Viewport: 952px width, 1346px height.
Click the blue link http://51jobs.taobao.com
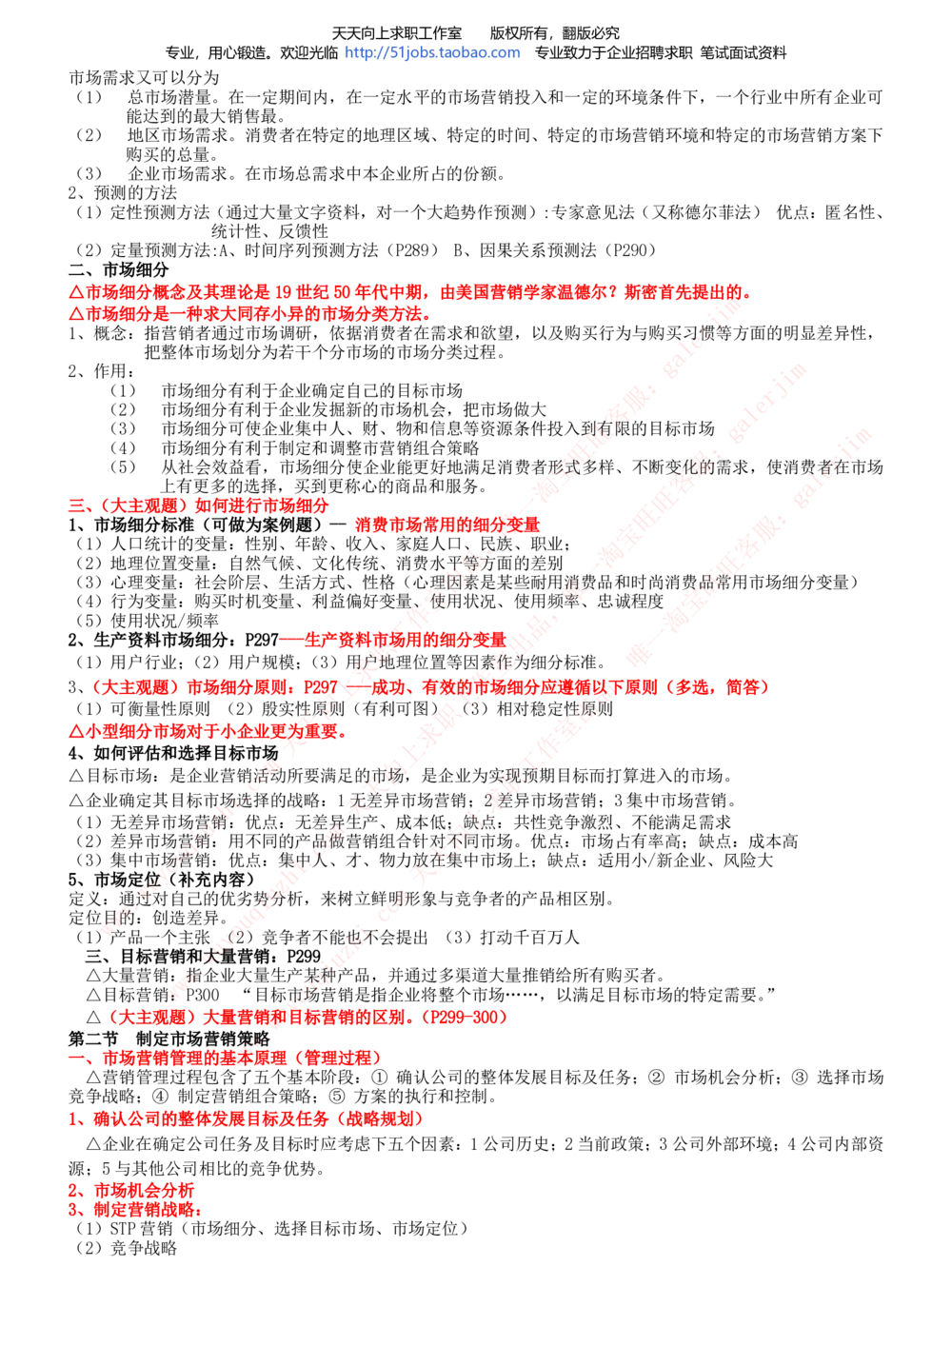pyautogui.click(x=432, y=53)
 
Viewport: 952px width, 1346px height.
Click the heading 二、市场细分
pyautogui.click(x=118, y=269)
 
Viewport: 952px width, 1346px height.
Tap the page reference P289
pyautogui.click(x=411, y=250)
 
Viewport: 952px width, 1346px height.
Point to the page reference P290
pyautogui.click(x=628, y=250)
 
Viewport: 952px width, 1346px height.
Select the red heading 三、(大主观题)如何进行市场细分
pyautogui.click(x=199, y=505)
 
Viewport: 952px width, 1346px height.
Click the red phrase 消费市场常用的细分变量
pyautogui.click(x=447, y=525)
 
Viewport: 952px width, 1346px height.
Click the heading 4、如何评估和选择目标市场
pyautogui.click(x=173, y=753)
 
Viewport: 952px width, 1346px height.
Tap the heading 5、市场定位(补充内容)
pyautogui.click(x=162, y=880)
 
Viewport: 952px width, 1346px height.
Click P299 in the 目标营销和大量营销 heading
pyautogui.click(x=304, y=956)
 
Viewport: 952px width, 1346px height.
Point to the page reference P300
pyautogui.click(x=203, y=995)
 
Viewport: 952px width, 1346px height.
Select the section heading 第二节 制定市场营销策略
pyautogui.click(x=169, y=1039)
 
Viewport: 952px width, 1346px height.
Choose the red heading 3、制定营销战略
pyautogui.click(x=135, y=1209)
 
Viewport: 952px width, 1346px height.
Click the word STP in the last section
pyautogui.click(x=123, y=1229)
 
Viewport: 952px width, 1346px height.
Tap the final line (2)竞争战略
pyautogui.click(x=127, y=1248)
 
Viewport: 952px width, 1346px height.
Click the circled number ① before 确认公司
pyautogui.click(x=380, y=1078)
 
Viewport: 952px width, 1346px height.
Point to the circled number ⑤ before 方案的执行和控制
pyautogui.click(x=337, y=1097)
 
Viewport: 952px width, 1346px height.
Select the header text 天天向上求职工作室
pyautogui.click(x=397, y=33)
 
